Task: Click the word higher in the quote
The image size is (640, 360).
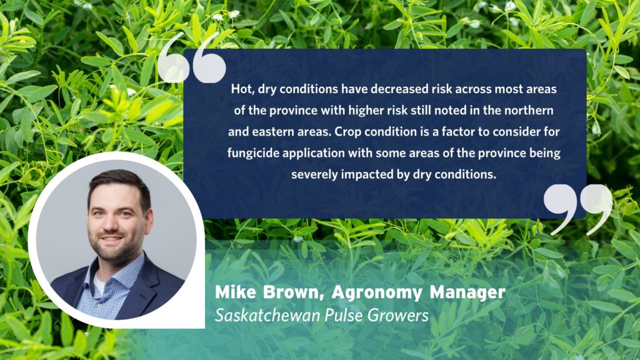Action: pyautogui.click(x=337, y=111)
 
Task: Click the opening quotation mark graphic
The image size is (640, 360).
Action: pyautogui.click(x=191, y=59)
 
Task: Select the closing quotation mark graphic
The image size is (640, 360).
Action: pyautogui.click(x=578, y=208)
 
